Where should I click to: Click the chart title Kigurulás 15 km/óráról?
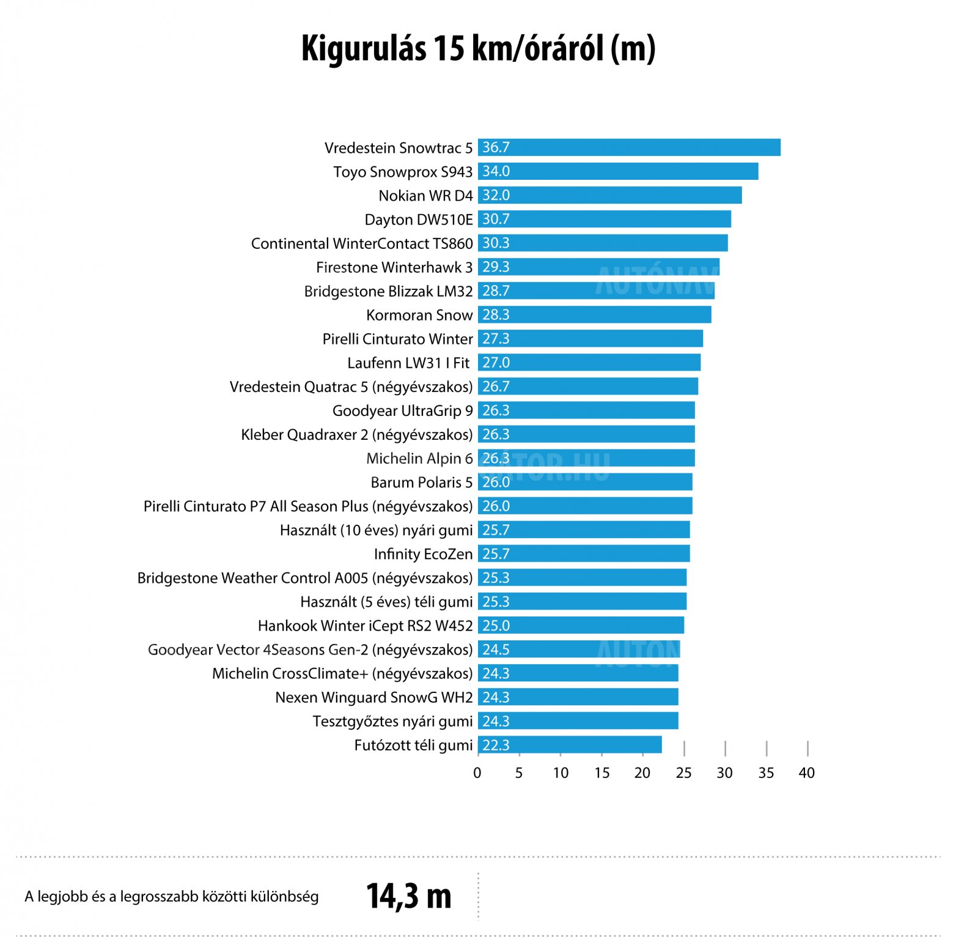[478, 49]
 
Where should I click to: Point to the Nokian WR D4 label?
[425, 196]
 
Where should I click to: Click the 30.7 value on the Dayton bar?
[496, 219]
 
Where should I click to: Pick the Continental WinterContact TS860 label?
[362, 243]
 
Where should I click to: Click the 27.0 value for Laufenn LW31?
[496, 363]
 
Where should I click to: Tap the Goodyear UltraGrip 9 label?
[402, 410]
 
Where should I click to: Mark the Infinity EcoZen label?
[423, 554]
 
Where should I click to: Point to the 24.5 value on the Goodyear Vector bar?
[496, 650]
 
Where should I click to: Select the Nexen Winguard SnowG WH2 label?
[373, 697]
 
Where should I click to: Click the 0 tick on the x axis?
[477, 773]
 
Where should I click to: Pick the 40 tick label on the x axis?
[807, 773]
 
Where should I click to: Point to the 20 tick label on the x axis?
[642, 773]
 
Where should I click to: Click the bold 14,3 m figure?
[408, 896]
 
